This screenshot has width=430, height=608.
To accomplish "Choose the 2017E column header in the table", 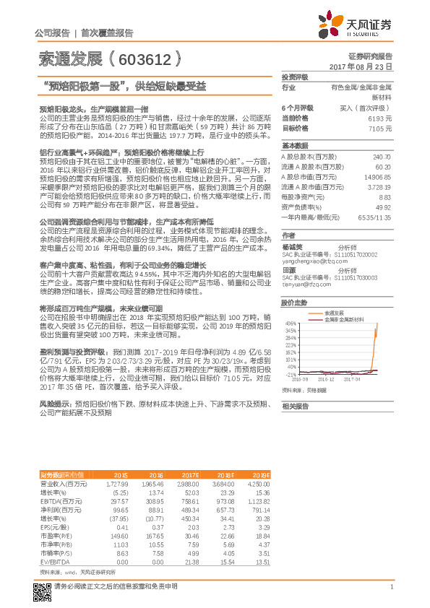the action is (191, 474).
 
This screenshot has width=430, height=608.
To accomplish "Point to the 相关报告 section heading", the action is (295, 406).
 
